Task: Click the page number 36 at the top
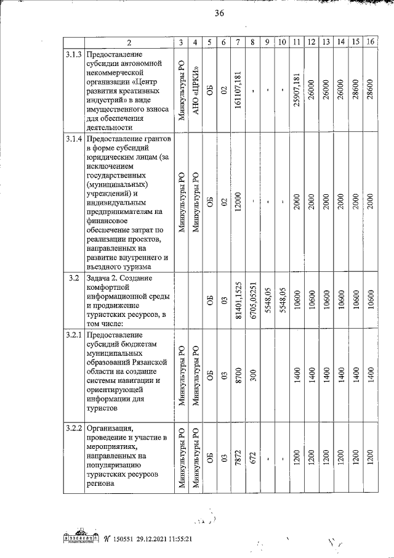[219, 15]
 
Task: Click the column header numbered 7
[237, 43]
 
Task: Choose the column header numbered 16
[369, 43]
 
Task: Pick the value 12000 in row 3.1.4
[238, 203]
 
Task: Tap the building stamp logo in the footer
[78, 536]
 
